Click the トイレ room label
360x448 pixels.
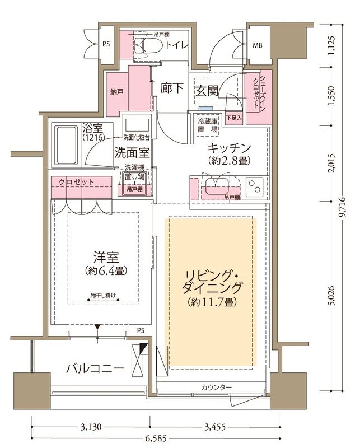click(x=176, y=45)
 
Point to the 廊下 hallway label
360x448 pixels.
click(x=170, y=88)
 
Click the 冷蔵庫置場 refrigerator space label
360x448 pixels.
click(x=207, y=124)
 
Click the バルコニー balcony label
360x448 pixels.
click(x=94, y=368)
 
